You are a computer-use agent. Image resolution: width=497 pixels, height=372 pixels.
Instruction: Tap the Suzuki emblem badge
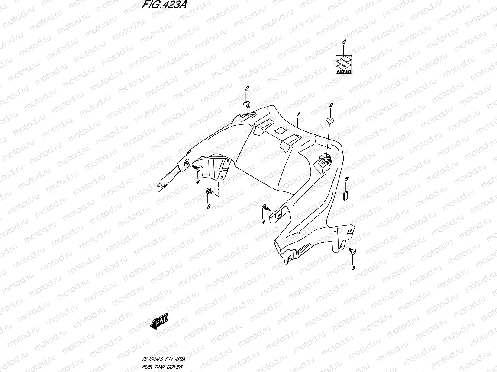pyautogui.click(x=345, y=64)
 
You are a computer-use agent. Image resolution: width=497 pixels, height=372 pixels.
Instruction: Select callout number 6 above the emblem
pyautogui.click(x=344, y=42)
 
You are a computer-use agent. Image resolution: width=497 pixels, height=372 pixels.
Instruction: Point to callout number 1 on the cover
pyautogui.click(x=298, y=114)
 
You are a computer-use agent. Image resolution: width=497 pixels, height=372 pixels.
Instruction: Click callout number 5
pyautogui.click(x=346, y=178)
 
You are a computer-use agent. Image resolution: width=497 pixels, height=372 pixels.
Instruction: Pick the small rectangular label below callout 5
pyautogui.click(x=346, y=194)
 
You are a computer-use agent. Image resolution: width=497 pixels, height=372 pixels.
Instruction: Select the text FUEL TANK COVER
pyautogui.click(x=164, y=366)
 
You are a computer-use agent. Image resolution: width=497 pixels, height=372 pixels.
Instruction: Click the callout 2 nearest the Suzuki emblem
pyautogui.click(x=331, y=105)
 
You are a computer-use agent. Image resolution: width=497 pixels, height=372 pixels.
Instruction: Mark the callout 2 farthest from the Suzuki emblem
pyautogui.click(x=247, y=89)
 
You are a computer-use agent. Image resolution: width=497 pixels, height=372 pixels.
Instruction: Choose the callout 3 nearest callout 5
pyautogui.click(x=353, y=268)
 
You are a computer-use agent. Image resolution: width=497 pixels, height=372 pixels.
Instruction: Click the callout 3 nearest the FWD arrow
pyautogui.click(x=208, y=207)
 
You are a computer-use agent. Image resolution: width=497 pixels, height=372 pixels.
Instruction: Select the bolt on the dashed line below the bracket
pyautogui.click(x=210, y=191)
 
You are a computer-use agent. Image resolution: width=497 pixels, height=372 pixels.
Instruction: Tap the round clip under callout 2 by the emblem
pyautogui.click(x=330, y=120)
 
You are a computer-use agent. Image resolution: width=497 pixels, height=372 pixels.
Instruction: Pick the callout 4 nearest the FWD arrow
pyautogui.click(x=197, y=182)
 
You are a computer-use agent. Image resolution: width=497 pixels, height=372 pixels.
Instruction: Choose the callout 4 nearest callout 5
pyautogui.click(x=262, y=222)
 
